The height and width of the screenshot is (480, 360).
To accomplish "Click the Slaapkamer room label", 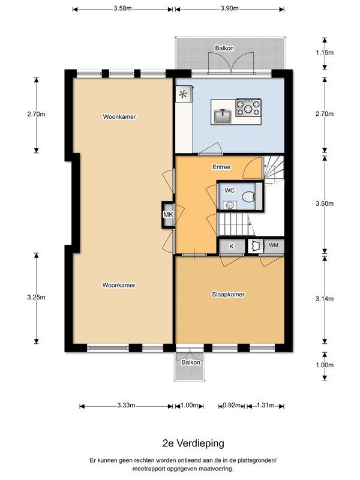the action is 228,295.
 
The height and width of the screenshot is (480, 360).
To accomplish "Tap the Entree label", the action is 221,167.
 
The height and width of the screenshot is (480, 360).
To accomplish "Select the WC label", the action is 229,190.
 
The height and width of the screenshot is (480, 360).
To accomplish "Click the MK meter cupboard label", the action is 168,215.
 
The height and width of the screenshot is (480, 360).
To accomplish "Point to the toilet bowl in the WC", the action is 248,197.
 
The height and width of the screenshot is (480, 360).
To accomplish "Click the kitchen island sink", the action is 223,116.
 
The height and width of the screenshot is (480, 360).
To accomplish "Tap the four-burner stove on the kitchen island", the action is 248,107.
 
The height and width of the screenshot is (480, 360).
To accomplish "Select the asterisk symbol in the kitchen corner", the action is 183,94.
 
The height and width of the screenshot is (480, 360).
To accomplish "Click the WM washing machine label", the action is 274,245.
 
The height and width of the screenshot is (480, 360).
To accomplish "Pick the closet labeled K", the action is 232,246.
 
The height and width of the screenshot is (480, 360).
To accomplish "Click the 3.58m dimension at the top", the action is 123,8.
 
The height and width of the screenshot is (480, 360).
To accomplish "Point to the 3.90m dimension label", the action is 230,8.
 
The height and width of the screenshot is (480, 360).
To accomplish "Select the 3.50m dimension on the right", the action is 325,203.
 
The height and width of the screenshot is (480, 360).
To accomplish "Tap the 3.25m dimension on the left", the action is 37,297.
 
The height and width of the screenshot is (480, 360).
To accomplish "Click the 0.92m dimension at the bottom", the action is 232,406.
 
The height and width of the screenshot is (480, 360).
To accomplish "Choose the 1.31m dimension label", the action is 265,406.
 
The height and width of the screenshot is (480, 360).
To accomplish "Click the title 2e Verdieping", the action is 193,443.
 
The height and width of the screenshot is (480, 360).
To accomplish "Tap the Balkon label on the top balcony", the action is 224,48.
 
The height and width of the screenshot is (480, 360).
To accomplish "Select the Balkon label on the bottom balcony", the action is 191,362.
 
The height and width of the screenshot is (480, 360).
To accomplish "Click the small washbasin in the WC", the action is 230,205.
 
